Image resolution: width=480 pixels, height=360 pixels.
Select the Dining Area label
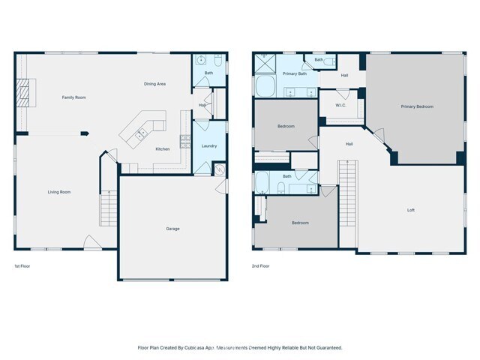pyautogui.click(x=154, y=84)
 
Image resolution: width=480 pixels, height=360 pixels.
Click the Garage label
pyautogui.click(x=172, y=229)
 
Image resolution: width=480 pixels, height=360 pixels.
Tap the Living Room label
pyautogui.click(x=59, y=192)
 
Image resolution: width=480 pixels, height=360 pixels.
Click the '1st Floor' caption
pyautogui.click(x=22, y=266)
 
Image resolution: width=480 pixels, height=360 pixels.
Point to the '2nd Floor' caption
pyautogui.click(x=261, y=266)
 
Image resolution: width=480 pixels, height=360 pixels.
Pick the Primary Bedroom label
pyautogui.click(x=417, y=106)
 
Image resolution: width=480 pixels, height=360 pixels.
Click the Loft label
pyautogui.click(x=410, y=210)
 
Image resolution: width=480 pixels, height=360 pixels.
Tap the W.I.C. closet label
pyautogui.click(x=340, y=105)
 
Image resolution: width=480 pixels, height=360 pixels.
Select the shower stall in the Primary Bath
pyautogui.click(x=264, y=64)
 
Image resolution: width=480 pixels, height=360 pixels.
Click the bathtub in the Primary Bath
pyautogui.click(x=265, y=88)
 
